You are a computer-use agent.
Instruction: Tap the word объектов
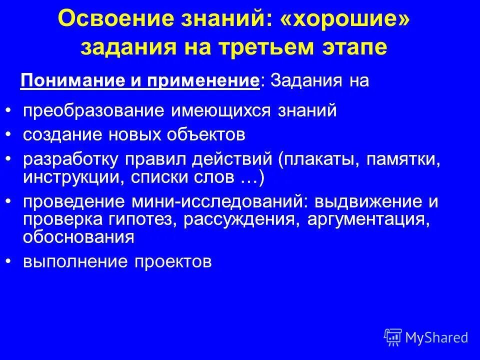(x=201, y=134)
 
